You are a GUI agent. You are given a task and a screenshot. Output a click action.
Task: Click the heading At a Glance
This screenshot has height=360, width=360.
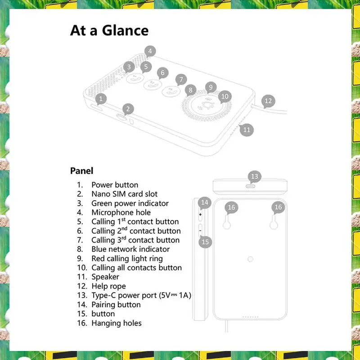[x=109, y=31]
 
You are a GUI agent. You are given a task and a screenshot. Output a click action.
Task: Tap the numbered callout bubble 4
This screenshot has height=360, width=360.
[x=150, y=51]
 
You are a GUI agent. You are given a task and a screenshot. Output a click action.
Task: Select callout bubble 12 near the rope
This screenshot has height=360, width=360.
[x=268, y=101]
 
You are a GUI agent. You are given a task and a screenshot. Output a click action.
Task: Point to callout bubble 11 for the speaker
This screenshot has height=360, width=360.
[x=246, y=130]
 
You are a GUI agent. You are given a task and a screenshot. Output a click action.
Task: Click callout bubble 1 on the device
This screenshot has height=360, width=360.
[x=101, y=99]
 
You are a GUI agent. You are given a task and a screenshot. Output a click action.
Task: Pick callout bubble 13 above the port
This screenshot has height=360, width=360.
[x=255, y=176]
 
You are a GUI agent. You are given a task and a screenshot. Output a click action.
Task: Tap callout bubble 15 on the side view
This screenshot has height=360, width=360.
[x=205, y=242]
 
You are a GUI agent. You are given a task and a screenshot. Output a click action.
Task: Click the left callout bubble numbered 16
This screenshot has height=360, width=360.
[x=231, y=207]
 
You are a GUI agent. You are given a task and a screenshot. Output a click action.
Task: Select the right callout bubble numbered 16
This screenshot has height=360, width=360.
[x=278, y=207]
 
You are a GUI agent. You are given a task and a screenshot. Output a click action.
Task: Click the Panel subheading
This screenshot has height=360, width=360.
[x=82, y=171]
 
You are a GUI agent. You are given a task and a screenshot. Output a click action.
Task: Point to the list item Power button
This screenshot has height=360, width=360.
[x=115, y=185]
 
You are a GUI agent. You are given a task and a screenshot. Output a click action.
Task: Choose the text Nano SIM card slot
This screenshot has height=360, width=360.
[x=125, y=194]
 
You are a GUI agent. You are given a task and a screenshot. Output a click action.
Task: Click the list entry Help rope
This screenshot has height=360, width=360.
[x=108, y=286]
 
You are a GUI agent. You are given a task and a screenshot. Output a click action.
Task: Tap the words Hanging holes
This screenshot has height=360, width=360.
[x=117, y=323]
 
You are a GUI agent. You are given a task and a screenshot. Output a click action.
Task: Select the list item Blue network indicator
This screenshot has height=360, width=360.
[x=130, y=249]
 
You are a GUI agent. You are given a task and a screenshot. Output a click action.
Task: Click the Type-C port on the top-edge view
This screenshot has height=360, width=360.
[x=250, y=186]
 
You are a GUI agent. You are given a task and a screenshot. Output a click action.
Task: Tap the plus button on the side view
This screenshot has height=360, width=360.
[x=200, y=215]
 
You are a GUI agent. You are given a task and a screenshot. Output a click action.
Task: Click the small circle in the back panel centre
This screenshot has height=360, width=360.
[x=250, y=259]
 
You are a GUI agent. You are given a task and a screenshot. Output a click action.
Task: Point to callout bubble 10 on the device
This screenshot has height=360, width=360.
[x=225, y=96]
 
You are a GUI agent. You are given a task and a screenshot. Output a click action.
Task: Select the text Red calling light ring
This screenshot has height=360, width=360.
[x=127, y=258]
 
